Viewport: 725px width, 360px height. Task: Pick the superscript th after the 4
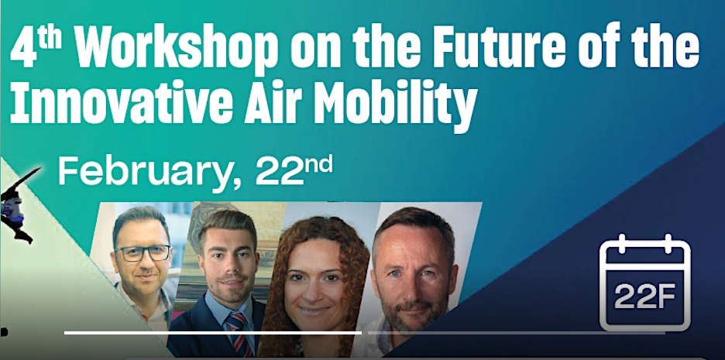50,39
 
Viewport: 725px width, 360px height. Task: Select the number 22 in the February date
277,171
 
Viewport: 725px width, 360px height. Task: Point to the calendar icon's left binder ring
622,244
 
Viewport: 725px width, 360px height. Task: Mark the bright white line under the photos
213,332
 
